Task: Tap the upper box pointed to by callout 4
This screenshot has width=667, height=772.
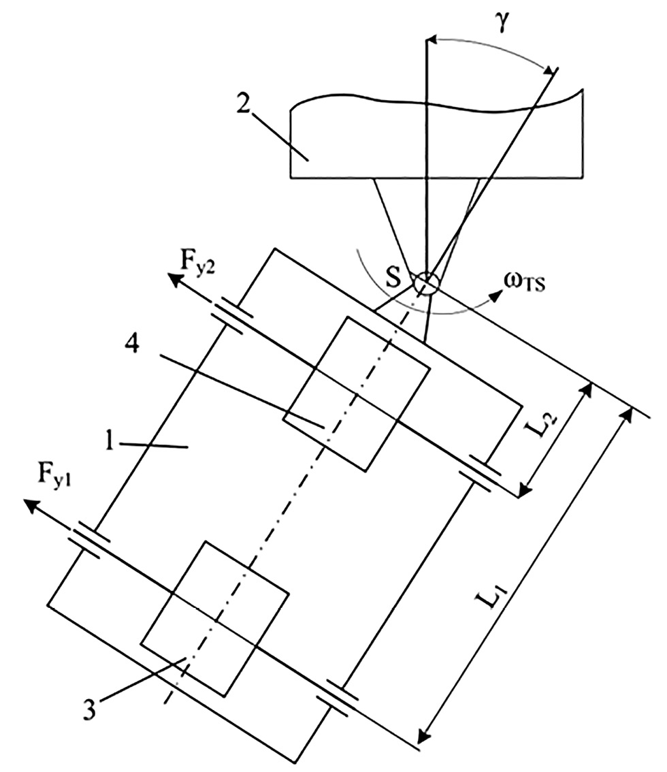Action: click(357, 393)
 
